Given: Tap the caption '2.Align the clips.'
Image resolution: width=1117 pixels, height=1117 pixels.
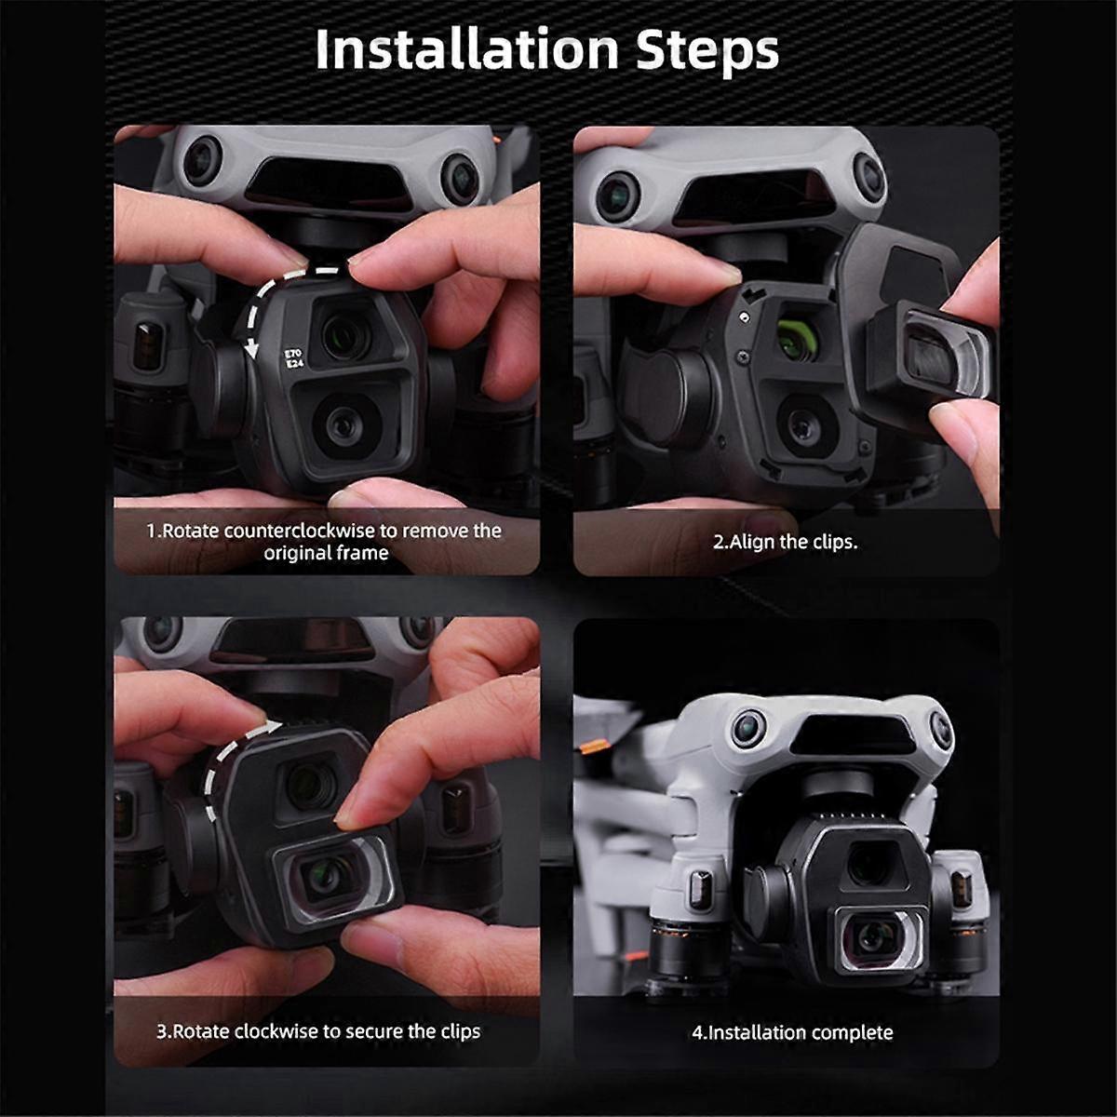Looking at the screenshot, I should point(785,542).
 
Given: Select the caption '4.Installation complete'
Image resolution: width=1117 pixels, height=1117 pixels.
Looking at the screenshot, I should point(792,1032).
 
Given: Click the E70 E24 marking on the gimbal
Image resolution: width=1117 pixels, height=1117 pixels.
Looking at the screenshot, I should point(294,359).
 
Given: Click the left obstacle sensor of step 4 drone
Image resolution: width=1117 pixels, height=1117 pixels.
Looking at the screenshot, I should point(746,724).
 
